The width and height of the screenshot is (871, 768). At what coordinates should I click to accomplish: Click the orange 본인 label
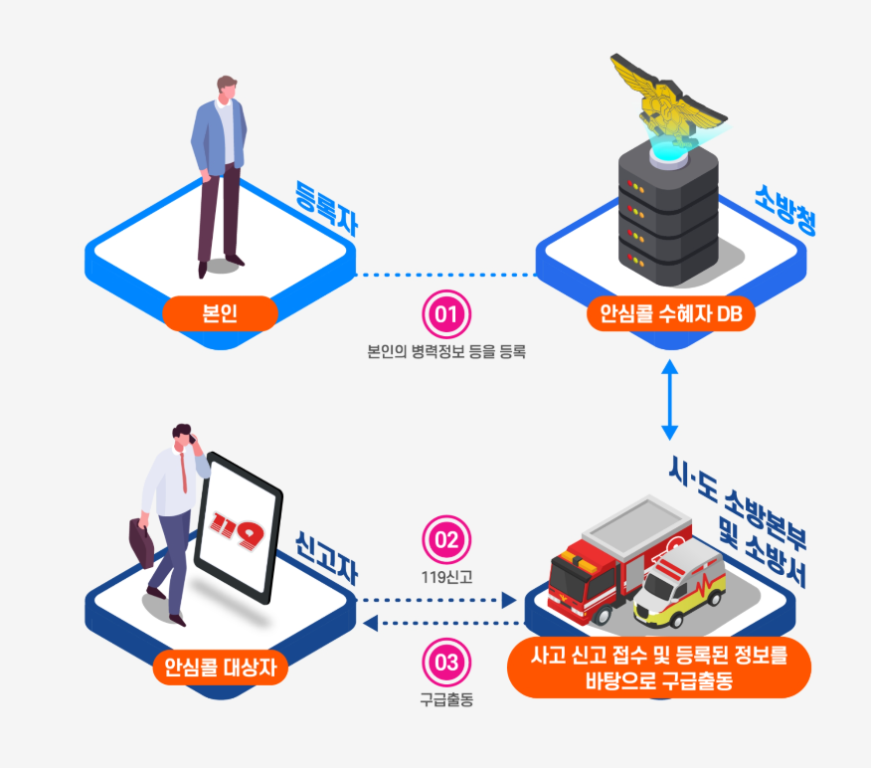(218, 314)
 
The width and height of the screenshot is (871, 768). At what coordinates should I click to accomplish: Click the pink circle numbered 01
(446, 314)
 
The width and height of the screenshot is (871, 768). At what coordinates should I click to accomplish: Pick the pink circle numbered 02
(446, 540)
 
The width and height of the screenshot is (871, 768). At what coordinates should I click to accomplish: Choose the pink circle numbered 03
(446, 661)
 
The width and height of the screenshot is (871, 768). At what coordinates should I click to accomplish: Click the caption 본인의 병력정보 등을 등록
(446, 350)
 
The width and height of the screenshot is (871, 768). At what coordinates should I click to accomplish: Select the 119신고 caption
(446, 575)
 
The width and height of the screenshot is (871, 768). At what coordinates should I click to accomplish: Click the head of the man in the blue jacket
(228, 87)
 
